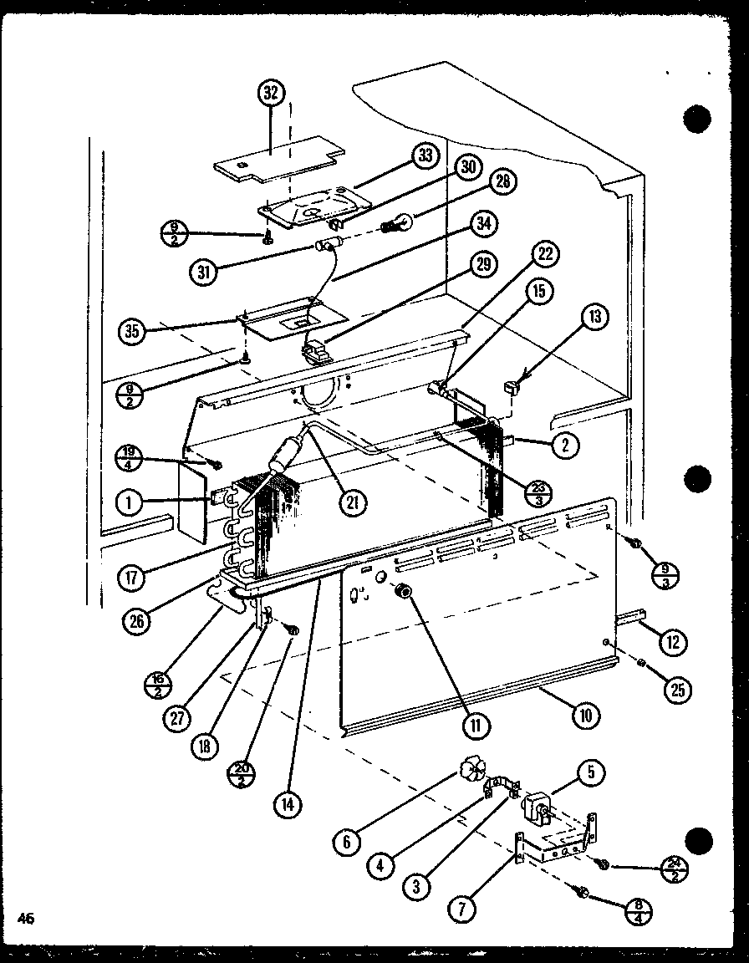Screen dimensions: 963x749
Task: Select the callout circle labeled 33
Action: [425, 155]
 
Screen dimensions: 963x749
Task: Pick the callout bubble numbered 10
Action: [585, 715]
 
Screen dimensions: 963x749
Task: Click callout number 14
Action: [287, 804]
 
